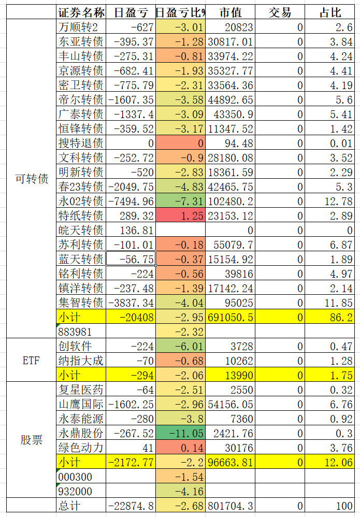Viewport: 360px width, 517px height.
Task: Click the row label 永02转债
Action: click(x=81, y=201)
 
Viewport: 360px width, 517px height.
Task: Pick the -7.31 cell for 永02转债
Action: click(x=181, y=201)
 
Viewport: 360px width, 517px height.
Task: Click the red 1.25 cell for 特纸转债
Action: click(x=181, y=216)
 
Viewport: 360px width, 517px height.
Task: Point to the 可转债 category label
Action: click(x=32, y=179)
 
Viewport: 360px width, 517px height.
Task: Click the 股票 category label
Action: click(x=32, y=440)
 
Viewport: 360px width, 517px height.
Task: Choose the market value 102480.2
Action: click(x=230, y=201)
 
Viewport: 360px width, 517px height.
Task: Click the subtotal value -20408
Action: click(x=131, y=317)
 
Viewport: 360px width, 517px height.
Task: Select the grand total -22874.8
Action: click(x=131, y=506)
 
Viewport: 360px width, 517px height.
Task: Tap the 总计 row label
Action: click(x=81, y=506)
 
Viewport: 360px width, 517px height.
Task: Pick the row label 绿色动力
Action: click(x=81, y=448)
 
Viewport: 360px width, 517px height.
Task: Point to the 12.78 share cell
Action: click(x=329, y=201)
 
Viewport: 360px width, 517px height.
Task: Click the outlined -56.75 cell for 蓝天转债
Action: click(x=131, y=259)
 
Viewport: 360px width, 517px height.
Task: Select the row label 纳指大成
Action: click(x=81, y=361)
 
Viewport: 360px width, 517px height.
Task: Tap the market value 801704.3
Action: click(x=230, y=506)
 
